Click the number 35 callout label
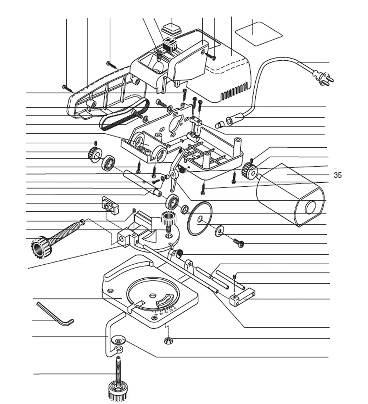(x=337, y=175)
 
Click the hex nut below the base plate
(x=168, y=340)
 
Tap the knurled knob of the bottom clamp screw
(x=117, y=391)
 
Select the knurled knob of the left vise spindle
(x=41, y=247)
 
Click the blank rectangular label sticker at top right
(x=259, y=33)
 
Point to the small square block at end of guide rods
(x=236, y=300)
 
